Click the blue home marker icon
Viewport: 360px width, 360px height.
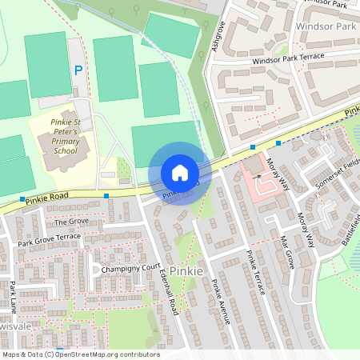pyautogui.click(x=179, y=173)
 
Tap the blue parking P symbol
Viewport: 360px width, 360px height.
pyautogui.click(x=78, y=70)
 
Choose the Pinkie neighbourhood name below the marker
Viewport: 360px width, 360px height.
pyautogui.click(x=186, y=271)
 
